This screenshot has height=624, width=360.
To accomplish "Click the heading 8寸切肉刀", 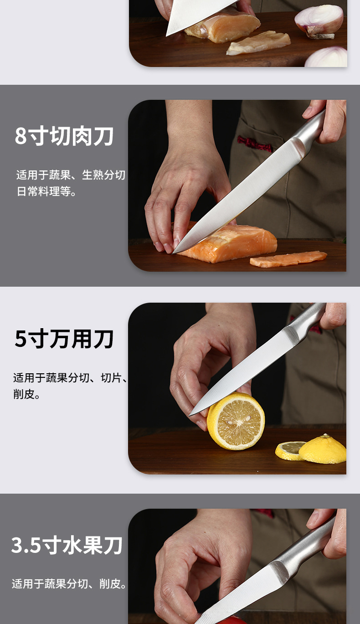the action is (64, 136).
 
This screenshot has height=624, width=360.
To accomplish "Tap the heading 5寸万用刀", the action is (64, 339).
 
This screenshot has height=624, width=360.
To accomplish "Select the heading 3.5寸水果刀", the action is (67, 545).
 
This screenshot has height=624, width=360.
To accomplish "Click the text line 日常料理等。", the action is (46, 191).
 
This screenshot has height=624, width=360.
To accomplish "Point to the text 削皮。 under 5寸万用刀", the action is (26, 394).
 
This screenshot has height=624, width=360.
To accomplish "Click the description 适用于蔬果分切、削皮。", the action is (69, 583).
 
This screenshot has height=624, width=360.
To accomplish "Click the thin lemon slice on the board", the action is (289, 451).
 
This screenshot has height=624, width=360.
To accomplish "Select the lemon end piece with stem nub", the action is (323, 449).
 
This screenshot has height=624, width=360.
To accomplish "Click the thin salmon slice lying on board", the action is (288, 259).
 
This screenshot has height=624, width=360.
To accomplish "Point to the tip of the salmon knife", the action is (173, 253).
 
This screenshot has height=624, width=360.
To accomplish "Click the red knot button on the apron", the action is (254, 144).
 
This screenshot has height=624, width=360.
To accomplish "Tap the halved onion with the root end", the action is (319, 21).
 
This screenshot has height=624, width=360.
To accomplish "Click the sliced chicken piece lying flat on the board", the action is (258, 43).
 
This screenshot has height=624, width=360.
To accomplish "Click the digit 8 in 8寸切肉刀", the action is (21, 136).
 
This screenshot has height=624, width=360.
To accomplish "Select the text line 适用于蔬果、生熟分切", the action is (71, 175).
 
